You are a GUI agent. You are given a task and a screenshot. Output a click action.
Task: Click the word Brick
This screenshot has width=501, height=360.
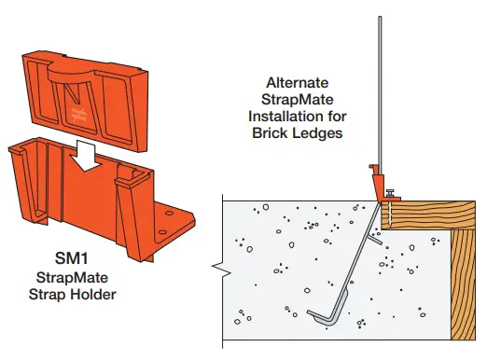[268, 133]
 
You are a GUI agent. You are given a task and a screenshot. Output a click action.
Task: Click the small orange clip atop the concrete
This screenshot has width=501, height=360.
[377, 181]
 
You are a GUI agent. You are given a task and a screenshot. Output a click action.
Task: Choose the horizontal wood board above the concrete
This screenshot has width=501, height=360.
[438, 213]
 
